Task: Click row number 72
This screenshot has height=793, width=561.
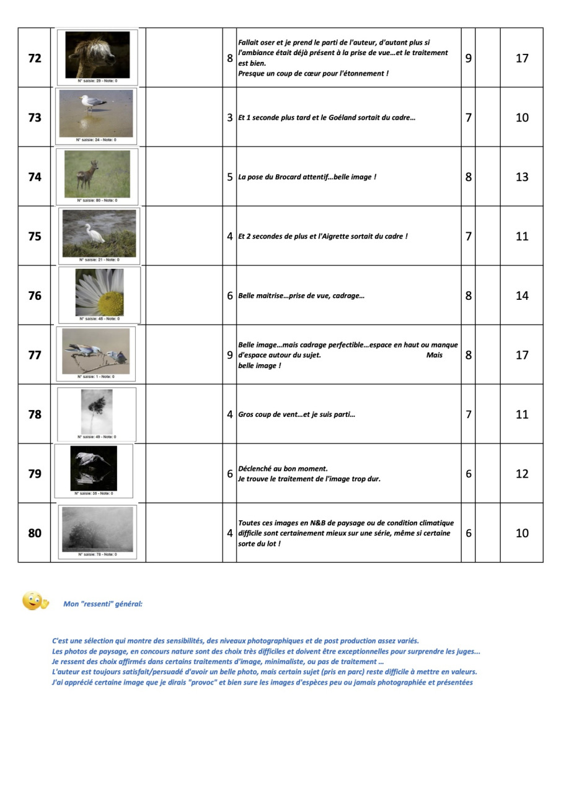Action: [x=35, y=58]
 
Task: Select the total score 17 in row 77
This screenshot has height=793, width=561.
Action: [x=522, y=355]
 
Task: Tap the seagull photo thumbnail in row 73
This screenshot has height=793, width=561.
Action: [x=96, y=113]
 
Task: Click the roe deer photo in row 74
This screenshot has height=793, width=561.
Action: [x=97, y=173]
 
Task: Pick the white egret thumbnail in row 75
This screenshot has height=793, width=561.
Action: [x=99, y=233]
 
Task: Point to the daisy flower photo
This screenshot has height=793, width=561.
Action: [x=99, y=292]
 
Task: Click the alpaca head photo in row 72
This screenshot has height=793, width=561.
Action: [x=97, y=55]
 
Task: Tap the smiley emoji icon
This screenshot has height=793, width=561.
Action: [x=35, y=601]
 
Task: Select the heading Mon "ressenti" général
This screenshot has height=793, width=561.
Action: [x=103, y=603]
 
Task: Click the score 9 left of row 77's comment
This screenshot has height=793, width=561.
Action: [x=229, y=355]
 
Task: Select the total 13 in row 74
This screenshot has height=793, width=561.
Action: [x=522, y=177]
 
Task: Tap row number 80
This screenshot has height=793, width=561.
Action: [x=35, y=533]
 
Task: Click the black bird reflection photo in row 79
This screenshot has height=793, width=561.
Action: [x=94, y=468]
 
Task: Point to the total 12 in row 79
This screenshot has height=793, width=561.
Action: [x=522, y=474]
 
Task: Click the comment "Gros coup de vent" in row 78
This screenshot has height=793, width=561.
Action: [x=267, y=414]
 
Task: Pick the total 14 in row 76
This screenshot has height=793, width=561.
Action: [x=522, y=296]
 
